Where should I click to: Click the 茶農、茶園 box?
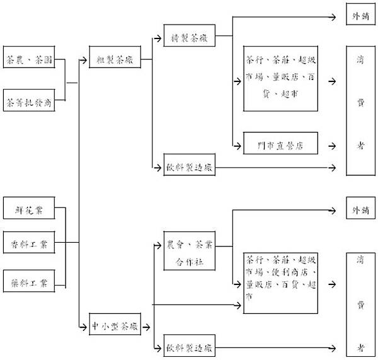coord(28,61)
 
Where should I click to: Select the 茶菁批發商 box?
coord(28,101)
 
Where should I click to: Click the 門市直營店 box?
coord(281,144)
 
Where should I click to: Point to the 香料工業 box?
coord(28,242)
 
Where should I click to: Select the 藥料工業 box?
coord(28,282)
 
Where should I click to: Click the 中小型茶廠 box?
coord(114,326)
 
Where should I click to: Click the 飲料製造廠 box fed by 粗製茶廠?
coord(189,167)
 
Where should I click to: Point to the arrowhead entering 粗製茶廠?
coord(85,61)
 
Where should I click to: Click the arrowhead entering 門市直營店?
coord(240,145)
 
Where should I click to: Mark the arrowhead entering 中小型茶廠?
coord(85,326)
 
